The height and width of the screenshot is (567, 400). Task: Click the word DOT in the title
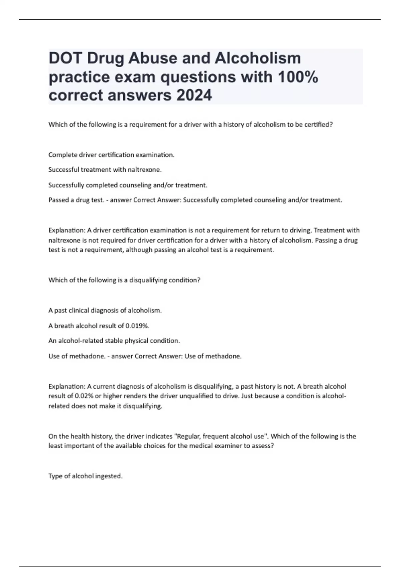(65, 59)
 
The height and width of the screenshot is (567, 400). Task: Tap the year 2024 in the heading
(194, 95)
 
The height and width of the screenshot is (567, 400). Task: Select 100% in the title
(297, 77)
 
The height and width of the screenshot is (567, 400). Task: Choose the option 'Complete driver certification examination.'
(111, 155)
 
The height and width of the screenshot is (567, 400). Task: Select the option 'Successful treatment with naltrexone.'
(105, 170)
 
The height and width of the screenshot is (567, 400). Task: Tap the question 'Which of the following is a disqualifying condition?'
(124, 280)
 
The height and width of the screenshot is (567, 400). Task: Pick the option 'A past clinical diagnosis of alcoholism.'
(105, 311)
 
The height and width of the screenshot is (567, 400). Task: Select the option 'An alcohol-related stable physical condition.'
(114, 341)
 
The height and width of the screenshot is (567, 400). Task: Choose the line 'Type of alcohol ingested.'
(85, 476)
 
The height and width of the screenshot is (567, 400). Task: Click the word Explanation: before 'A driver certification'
(67, 230)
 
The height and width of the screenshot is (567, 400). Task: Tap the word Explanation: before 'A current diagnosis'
(67, 387)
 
